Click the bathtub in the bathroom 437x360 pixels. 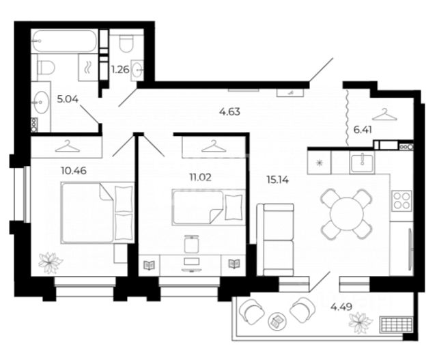pyautogui.click(x=64, y=41)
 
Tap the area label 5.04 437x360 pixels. pyautogui.click(x=68, y=99)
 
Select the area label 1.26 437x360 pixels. pyautogui.click(x=120, y=70)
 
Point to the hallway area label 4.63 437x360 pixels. pyautogui.click(x=229, y=112)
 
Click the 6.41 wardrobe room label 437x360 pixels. pyautogui.click(x=363, y=130)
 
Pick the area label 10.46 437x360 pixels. pyautogui.click(x=74, y=170)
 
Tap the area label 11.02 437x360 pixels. pyautogui.click(x=200, y=177)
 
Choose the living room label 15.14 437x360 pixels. pyautogui.click(x=278, y=180)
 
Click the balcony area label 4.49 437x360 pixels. pyautogui.click(x=341, y=307)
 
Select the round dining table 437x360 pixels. pyautogui.click(x=347, y=214)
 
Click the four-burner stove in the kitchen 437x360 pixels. pyautogui.click(x=401, y=200)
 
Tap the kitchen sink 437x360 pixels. pyautogui.click(x=363, y=163)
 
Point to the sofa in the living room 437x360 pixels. pyautogui.click(x=275, y=240)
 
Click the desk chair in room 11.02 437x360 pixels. pyautogui.click(x=192, y=245)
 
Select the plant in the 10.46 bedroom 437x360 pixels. pyautogui.click(x=50, y=262)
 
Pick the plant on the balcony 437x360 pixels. pyautogui.click(x=361, y=323)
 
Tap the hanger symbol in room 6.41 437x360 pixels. pyautogui.click(x=384, y=115)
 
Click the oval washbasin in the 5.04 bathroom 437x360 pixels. pyautogui.click(x=41, y=102)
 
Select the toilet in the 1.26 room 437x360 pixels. pyautogui.click(x=126, y=43)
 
